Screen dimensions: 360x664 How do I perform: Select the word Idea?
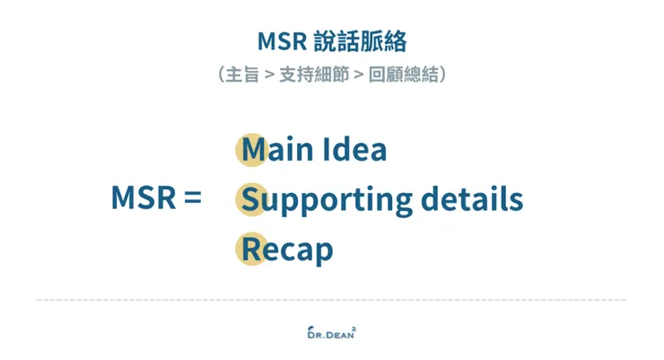[x=354, y=149]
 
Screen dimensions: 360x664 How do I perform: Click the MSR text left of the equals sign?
[x=143, y=198]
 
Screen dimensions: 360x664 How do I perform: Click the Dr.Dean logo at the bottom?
[x=330, y=332]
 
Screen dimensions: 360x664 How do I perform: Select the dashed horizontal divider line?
[x=331, y=300]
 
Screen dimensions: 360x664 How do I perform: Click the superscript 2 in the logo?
[x=354, y=327]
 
